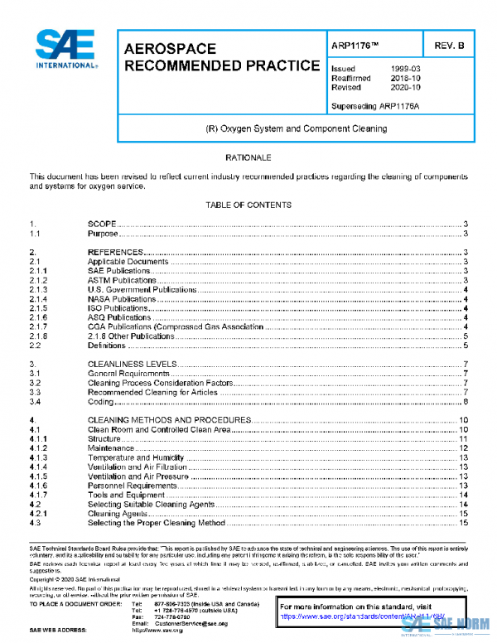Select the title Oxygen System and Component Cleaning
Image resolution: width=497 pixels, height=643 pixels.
pyautogui.click(x=296, y=129)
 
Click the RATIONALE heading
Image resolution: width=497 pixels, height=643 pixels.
pyautogui.click(x=248, y=157)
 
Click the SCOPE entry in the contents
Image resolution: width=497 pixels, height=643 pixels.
pyautogui.click(x=102, y=225)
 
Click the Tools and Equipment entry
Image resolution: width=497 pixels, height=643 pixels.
pyautogui.click(x=122, y=496)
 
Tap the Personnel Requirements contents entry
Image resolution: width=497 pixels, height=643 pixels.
pyautogui.click(x=132, y=486)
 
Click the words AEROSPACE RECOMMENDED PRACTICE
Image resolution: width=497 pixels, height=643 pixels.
pyautogui.click(x=221, y=57)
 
